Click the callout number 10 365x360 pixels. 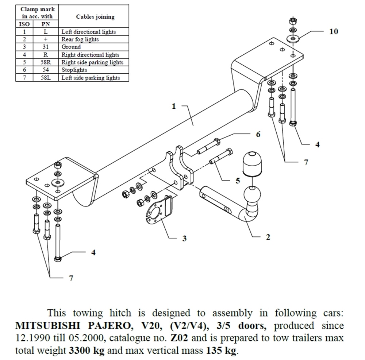333,31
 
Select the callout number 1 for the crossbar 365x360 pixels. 174,106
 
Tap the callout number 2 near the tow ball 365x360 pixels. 268,237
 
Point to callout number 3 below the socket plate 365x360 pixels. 184,238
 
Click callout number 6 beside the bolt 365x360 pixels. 258,134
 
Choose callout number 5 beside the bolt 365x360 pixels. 238,180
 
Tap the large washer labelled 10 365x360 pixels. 293,38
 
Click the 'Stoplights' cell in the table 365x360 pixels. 74,70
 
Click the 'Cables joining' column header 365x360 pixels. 95,17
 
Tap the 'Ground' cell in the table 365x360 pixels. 71,47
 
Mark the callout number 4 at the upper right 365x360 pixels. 317,144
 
